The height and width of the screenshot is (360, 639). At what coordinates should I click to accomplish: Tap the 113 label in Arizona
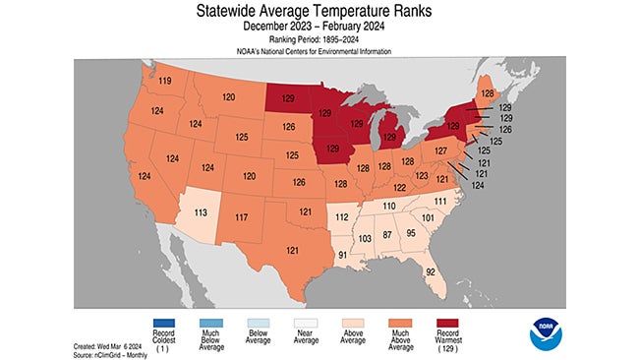200,211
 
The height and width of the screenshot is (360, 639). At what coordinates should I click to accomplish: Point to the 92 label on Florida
429,271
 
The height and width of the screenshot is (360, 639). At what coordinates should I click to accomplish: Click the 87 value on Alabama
387,237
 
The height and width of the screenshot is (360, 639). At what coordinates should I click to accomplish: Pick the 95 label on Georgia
412,233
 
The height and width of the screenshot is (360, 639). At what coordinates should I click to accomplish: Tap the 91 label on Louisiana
341,257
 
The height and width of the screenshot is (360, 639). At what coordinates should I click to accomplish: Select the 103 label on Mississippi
364,239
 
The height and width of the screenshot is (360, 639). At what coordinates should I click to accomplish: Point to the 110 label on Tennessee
388,206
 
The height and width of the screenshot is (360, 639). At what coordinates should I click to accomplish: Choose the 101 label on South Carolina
427,216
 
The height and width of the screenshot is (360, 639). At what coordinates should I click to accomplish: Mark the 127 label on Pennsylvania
441,150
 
